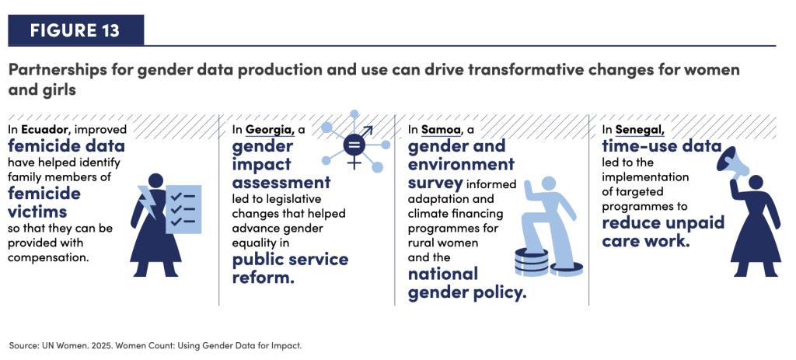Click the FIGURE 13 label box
point(75,30)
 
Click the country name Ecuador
point(39,130)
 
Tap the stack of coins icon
point(531,261)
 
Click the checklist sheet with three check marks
point(183,209)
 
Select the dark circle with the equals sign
point(354,145)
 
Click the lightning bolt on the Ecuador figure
point(149,201)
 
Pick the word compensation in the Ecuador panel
point(49,257)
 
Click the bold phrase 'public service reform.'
point(291,267)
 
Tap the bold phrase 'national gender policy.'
point(467,283)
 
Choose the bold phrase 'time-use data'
point(662,146)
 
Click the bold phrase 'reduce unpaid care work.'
point(663,231)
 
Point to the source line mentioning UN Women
point(155,346)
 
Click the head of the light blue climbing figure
point(550,184)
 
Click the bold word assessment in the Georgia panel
point(281,181)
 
